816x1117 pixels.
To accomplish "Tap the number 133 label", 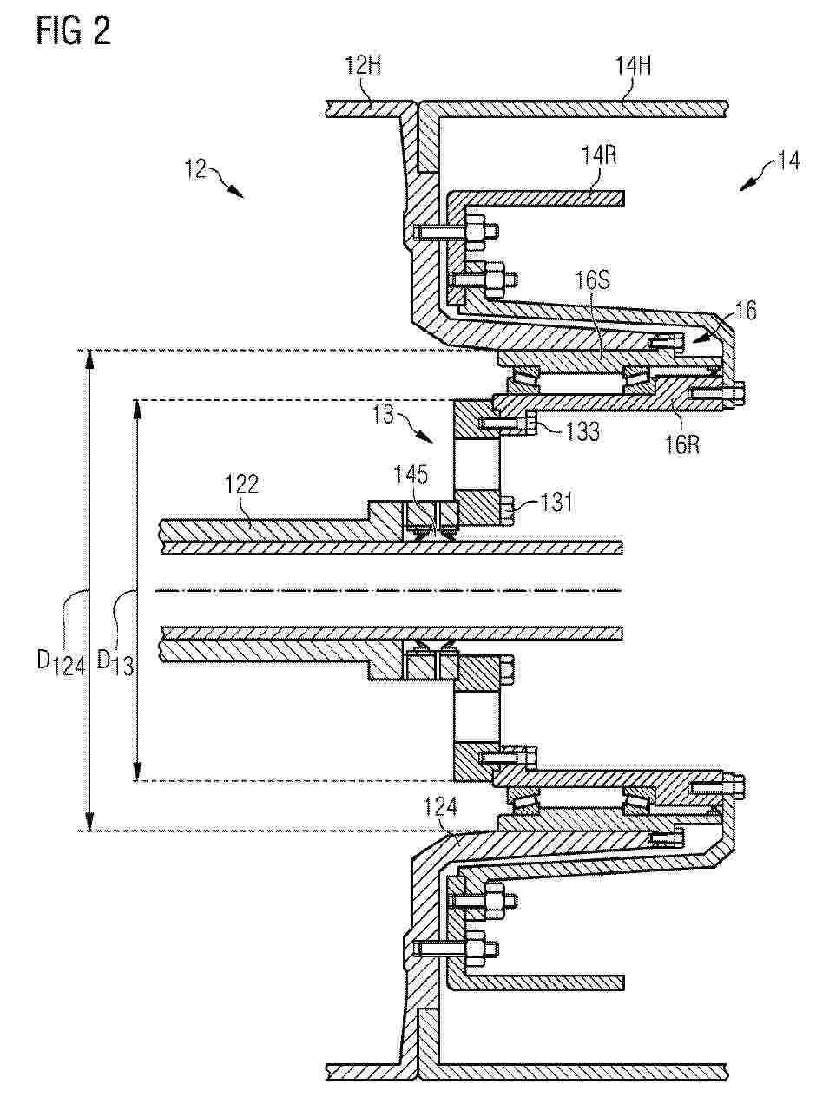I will click(578, 431).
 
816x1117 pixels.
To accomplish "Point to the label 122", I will click(241, 485).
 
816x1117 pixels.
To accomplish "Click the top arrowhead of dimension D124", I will click(88, 356).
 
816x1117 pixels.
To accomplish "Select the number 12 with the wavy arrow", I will click(195, 170).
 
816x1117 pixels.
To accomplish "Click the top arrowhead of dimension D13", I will click(135, 406).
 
